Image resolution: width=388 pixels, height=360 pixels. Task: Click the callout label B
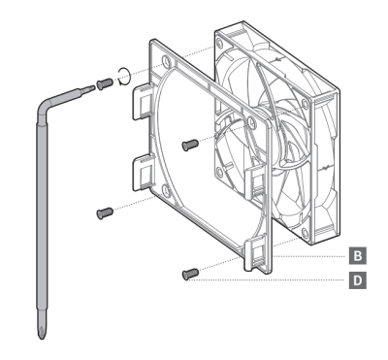point(357,256)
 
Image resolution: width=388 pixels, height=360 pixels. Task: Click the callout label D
point(357,280)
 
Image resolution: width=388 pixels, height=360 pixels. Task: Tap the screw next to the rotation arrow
point(105,83)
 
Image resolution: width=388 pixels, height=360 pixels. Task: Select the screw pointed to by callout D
point(190,274)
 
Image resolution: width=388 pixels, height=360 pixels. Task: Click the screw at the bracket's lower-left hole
point(105,213)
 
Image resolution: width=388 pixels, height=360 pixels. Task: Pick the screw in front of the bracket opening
point(190,145)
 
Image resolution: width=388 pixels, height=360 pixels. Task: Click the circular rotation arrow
point(124,77)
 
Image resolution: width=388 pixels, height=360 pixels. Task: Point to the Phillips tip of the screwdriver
point(42,329)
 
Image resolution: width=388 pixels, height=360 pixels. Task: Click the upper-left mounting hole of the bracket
point(166,60)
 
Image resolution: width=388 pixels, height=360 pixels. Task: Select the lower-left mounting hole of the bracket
point(167,190)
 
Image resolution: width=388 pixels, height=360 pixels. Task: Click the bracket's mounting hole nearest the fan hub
point(251,122)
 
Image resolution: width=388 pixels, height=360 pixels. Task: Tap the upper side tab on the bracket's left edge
point(143,101)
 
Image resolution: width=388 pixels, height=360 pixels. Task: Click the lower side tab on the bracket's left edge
point(143,172)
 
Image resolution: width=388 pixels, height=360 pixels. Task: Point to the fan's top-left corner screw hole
point(219,43)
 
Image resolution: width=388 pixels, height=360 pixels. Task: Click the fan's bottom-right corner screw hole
point(305,232)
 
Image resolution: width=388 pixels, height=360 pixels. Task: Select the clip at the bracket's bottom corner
point(255,254)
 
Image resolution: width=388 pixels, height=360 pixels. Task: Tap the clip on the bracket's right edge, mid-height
point(255,181)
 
